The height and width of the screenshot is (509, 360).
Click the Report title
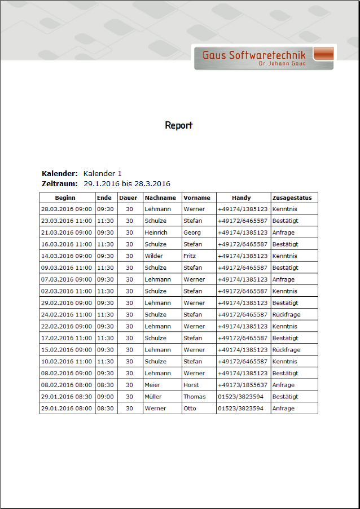(178, 125)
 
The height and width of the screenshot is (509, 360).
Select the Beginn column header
(67, 198)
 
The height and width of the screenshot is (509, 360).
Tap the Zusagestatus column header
(292, 198)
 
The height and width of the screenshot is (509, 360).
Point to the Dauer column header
(128, 198)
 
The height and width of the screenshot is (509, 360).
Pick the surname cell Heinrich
(156, 232)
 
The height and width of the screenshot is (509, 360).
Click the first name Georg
(192, 232)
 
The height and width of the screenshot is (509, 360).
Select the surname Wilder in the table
(153, 256)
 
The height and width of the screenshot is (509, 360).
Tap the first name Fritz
(190, 256)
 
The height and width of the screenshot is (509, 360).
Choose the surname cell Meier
(152, 385)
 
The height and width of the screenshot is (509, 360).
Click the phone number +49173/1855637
(243, 385)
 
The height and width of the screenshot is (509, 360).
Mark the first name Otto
(190, 409)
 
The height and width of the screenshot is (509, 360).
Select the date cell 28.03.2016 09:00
(66, 209)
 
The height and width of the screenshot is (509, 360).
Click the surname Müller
(153, 397)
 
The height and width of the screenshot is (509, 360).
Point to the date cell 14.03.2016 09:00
(66, 256)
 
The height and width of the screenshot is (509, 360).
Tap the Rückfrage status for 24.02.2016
(287, 315)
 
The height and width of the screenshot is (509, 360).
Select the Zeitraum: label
(60, 184)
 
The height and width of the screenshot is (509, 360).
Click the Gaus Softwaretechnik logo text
(254, 55)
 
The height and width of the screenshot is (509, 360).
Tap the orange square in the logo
(323, 54)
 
